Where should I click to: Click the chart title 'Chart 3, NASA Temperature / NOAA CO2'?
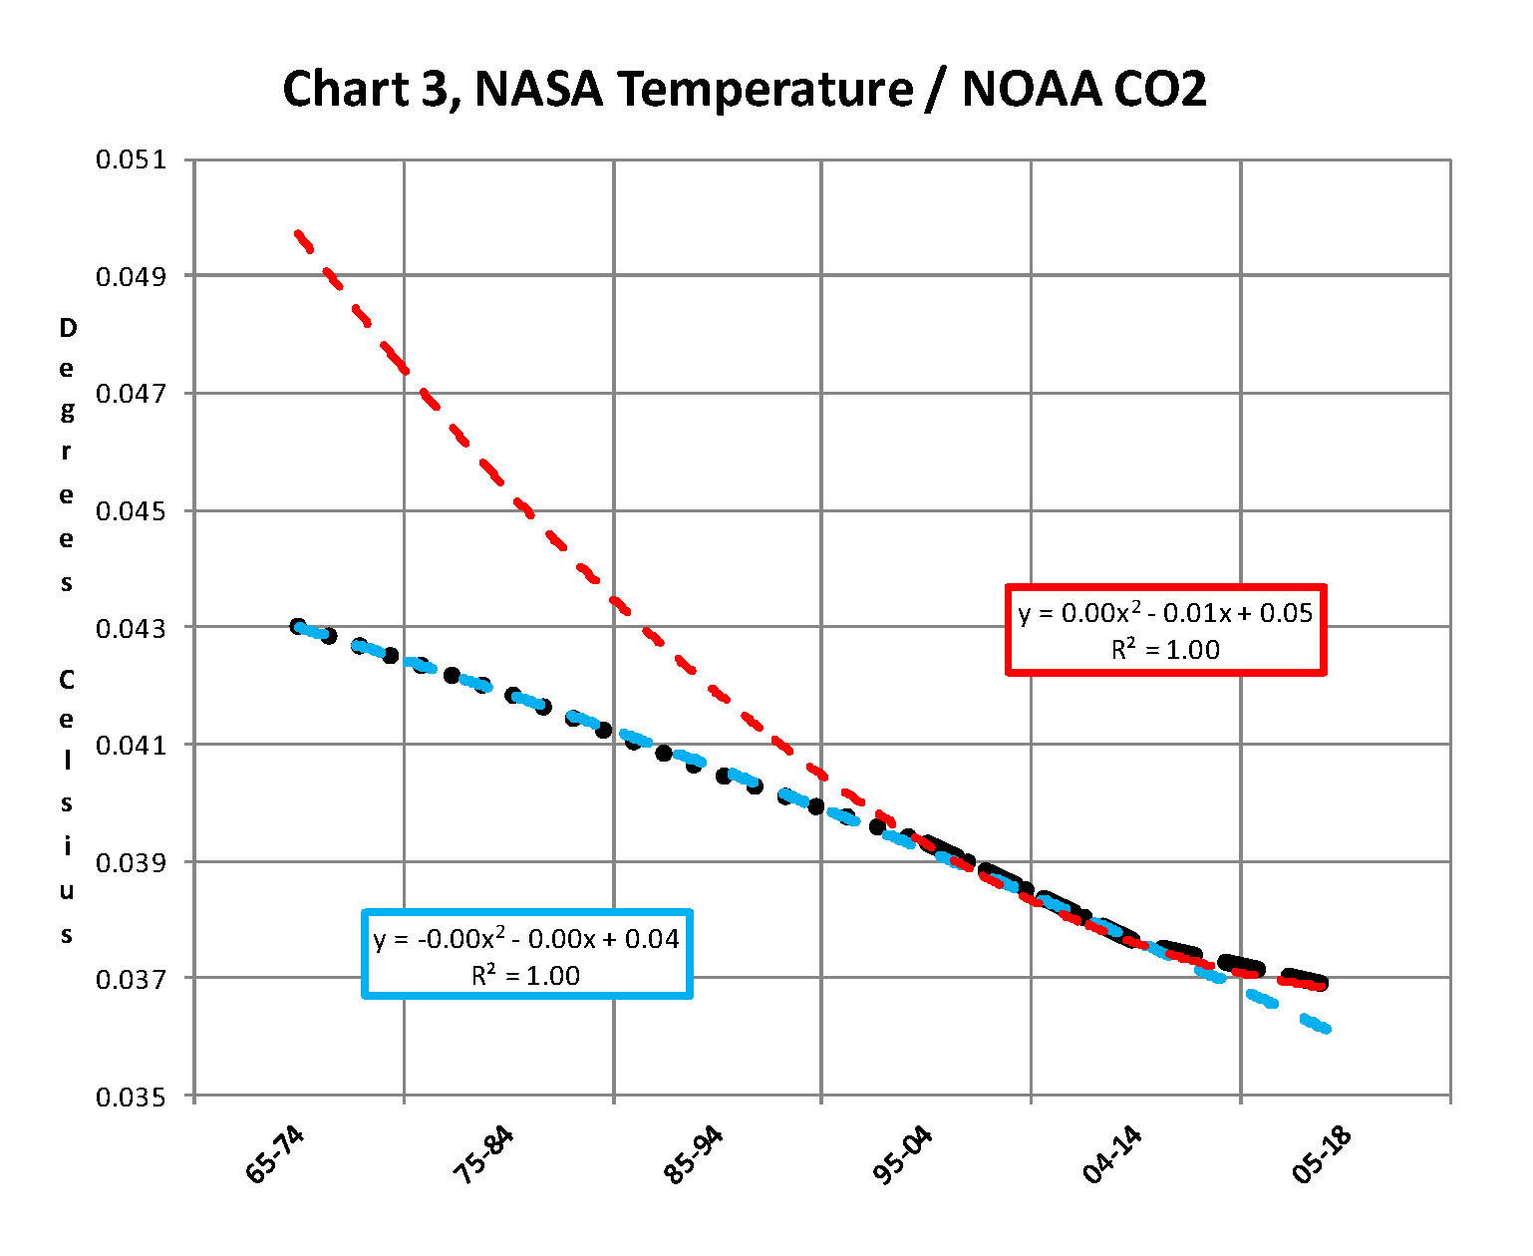744,90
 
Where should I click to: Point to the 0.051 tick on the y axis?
130,159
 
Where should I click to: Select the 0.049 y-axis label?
130,276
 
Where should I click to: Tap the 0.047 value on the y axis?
130,393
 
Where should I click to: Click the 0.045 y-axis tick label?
130,510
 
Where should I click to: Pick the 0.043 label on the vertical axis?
130,628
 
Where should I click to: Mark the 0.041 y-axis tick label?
130,745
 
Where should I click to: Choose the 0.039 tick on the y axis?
130,861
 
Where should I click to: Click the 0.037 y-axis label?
130,979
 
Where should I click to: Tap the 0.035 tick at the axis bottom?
130,1097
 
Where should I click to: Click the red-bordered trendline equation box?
1165,630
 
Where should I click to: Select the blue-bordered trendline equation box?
526,954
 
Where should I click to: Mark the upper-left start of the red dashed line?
298,233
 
